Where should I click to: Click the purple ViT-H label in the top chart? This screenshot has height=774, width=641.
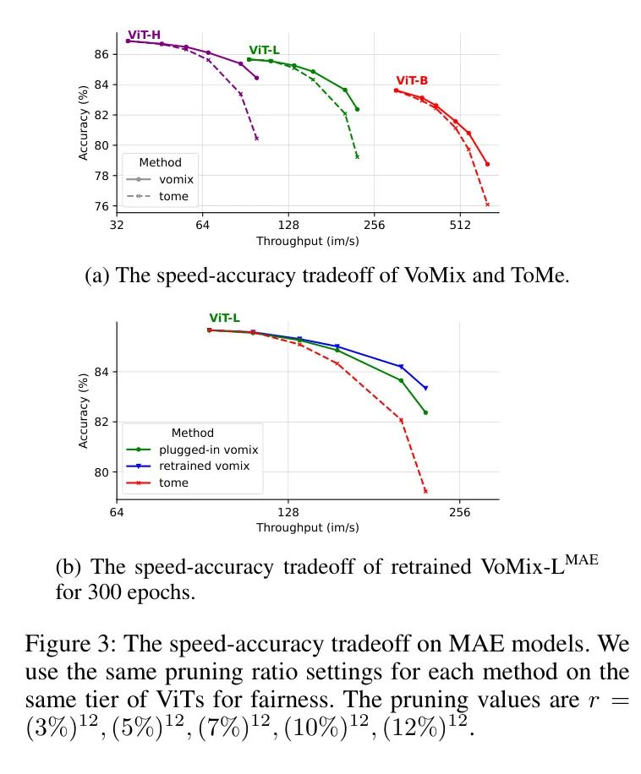[x=144, y=35]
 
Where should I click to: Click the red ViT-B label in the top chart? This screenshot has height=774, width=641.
[x=412, y=80]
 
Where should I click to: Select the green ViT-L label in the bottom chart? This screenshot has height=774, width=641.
[x=224, y=319]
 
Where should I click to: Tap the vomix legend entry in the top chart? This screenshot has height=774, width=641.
[x=176, y=180]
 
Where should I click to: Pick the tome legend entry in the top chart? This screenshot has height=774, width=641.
[x=173, y=197]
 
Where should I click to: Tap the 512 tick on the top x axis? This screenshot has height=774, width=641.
[x=460, y=225]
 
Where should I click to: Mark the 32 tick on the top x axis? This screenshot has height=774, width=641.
[x=117, y=225]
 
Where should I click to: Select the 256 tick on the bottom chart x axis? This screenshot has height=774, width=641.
[x=460, y=511]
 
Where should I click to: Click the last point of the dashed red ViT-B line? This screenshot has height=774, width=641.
[x=487, y=204]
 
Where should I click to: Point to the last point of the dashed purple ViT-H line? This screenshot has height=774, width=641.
[x=256, y=138]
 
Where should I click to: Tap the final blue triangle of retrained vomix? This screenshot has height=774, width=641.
[x=425, y=388]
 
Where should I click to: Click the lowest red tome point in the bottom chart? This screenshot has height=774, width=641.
[x=425, y=491]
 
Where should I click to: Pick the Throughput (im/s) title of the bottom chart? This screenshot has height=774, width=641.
[x=307, y=527]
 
